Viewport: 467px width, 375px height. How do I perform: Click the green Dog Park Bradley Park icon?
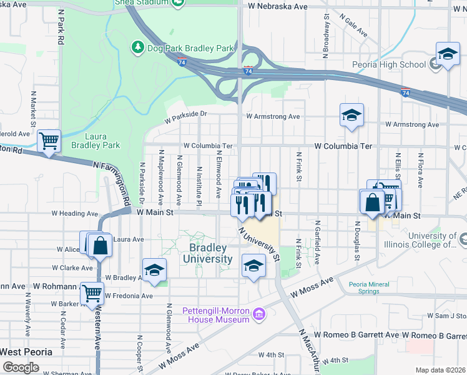pos(137,47)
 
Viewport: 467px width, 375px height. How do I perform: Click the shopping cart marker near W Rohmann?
pos(92,292)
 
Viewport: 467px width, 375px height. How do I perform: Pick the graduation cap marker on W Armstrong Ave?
pos(352,115)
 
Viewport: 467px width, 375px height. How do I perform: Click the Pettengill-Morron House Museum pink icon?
pos(259,312)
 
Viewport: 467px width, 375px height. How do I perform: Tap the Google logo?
pos(21,367)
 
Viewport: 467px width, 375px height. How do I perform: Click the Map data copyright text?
pos(441,370)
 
